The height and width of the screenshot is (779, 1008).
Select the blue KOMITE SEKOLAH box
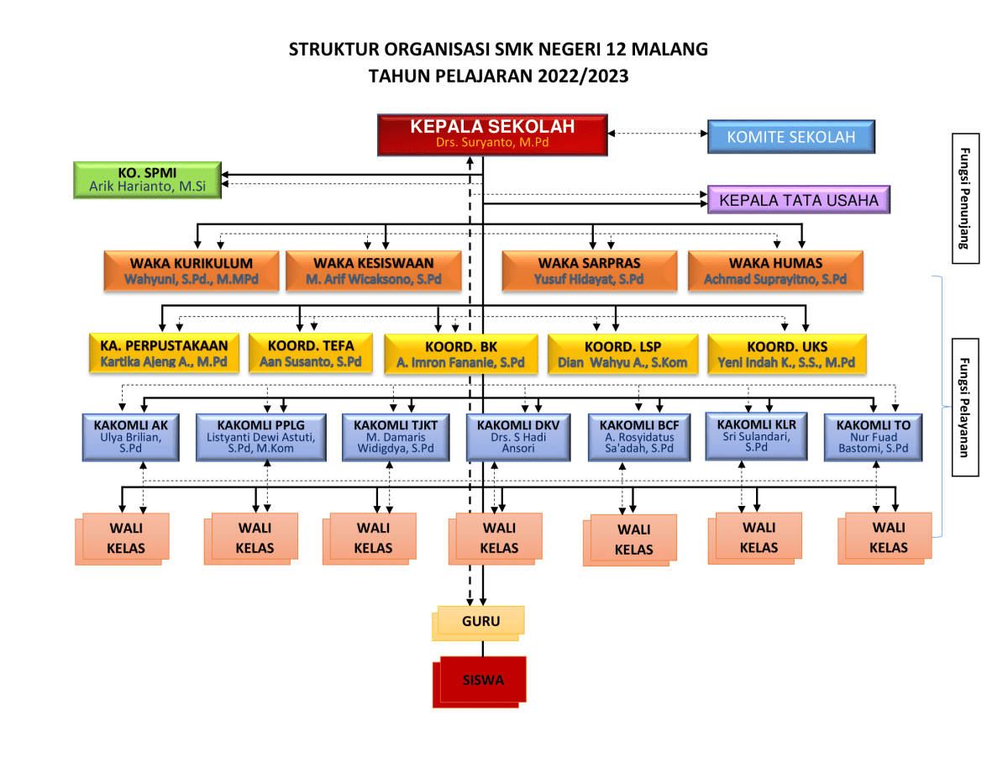click(790, 137)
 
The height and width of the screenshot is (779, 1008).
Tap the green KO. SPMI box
click(147, 180)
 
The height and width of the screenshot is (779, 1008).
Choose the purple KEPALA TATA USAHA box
click(799, 201)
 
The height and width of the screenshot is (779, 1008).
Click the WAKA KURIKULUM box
click(191, 271)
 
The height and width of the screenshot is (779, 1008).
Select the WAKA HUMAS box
click(774, 271)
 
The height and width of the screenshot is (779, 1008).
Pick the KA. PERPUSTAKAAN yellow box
click(164, 354)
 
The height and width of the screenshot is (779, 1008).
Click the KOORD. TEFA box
click(311, 354)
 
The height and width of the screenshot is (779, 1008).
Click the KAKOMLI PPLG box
click(260, 437)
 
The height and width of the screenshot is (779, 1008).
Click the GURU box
click(480, 622)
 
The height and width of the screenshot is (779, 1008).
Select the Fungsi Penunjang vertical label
click(965, 198)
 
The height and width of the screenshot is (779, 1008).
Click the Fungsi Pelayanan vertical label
click(965, 408)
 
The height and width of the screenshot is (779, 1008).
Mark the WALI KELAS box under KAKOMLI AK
click(126, 538)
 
